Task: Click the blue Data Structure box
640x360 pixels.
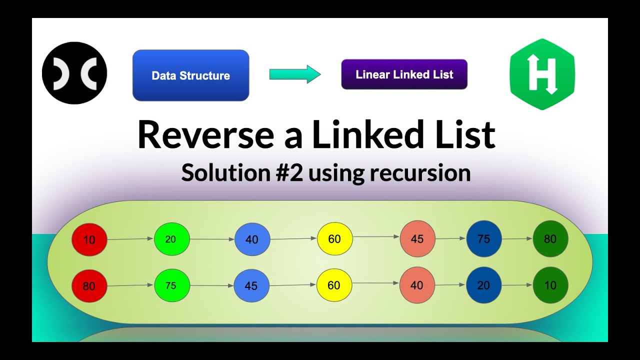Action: point(190,75)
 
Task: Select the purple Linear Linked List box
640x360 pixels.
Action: point(404,74)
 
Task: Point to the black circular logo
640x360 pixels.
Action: point(74,73)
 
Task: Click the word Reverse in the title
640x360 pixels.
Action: point(205,135)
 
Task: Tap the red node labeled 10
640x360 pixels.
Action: point(89,240)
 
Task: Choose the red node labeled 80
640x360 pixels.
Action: point(89,286)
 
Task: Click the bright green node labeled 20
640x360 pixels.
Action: point(171,239)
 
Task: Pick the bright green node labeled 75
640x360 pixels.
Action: point(171,286)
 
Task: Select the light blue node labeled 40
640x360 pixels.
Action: point(252,239)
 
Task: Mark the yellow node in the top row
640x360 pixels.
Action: point(334,239)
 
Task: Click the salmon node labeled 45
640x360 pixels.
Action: point(417,239)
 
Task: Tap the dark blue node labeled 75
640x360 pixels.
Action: point(483,239)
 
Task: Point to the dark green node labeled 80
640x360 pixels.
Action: point(550,239)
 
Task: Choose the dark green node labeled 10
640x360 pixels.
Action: point(550,285)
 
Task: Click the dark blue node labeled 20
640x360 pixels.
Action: point(483,285)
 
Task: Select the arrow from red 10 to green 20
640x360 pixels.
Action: point(130,239)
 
